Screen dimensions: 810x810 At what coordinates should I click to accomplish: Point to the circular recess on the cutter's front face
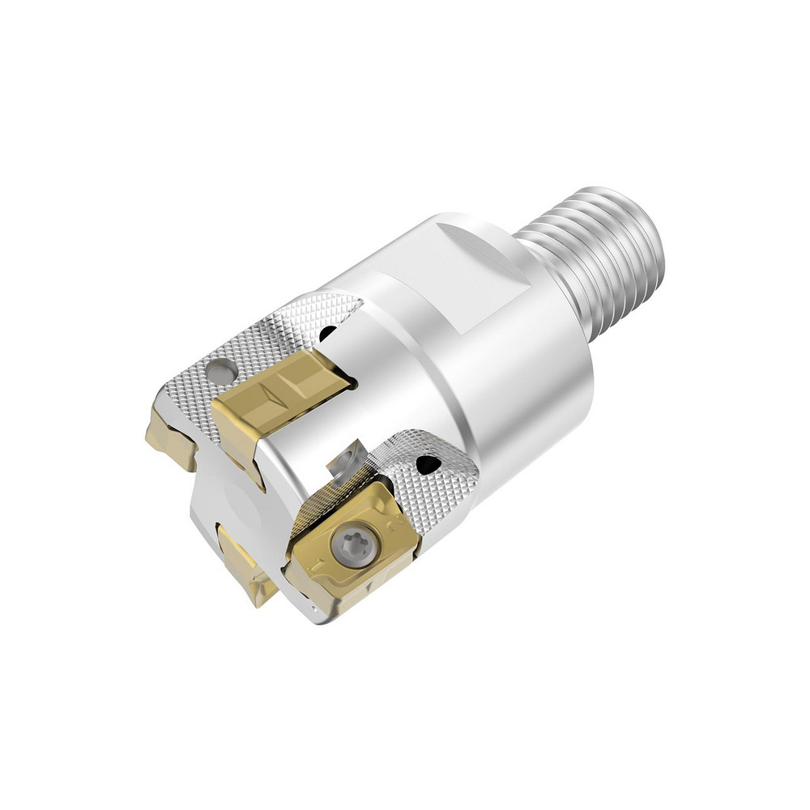pyautogui.click(x=247, y=502)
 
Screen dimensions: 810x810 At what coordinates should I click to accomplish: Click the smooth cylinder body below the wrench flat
pyautogui.click(x=518, y=389)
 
